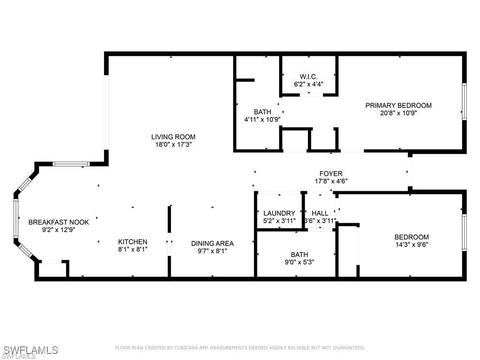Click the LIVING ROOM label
point(173,137)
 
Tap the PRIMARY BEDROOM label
point(398,105)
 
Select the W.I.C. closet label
point(308,77)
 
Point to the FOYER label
point(331,173)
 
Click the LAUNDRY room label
point(279,213)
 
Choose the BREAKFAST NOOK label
point(59,222)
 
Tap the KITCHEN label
point(133,242)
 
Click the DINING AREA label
point(212,243)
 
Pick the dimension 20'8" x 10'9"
point(398,113)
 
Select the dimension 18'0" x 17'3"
point(173,144)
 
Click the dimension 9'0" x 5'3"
point(296,262)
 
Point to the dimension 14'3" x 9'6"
point(412,244)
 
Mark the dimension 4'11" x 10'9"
point(262,120)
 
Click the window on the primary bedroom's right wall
point(464,101)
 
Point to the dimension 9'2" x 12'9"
point(59,230)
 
